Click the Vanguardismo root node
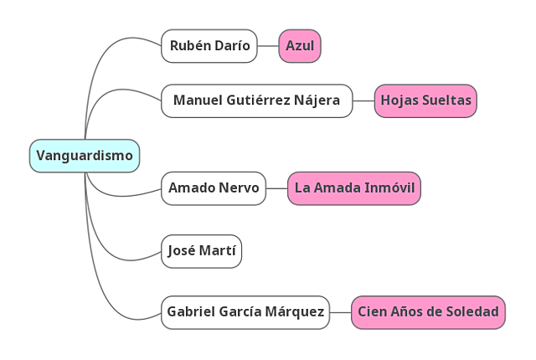(85, 156)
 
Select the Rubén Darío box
(209, 46)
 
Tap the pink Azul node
(300, 46)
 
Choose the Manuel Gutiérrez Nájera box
(256, 100)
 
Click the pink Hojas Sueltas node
(425, 100)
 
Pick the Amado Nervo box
(214, 188)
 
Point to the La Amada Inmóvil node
(353, 188)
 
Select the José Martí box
(202, 250)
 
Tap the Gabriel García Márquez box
(245, 312)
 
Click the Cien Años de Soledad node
(428, 312)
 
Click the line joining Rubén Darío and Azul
(268, 46)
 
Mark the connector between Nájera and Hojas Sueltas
(363, 100)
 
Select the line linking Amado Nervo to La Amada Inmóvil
(277, 188)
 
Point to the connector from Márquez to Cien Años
(340, 312)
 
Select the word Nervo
(240, 188)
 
